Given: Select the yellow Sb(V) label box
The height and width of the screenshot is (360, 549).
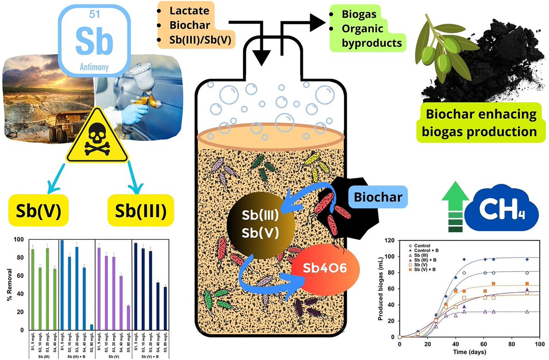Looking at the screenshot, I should click(36, 210).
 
